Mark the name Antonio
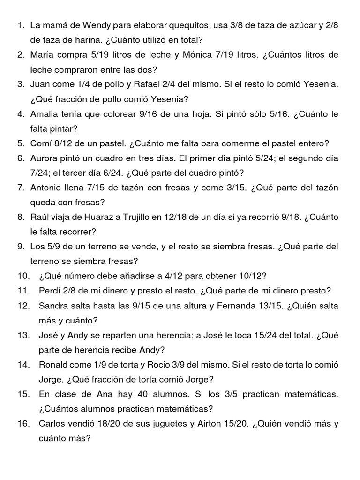click(x=47, y=188)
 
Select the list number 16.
click(x=23, y=424)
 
